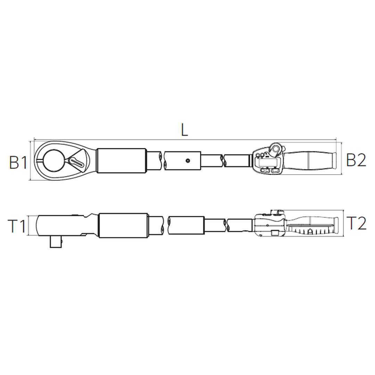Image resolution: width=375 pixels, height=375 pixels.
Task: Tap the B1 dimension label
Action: (x=18, y=162)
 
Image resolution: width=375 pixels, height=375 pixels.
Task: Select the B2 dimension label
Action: (x=356, y=160)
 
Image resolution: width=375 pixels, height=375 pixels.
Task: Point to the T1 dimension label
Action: (x=17, y=226)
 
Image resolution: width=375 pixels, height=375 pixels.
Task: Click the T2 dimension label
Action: (x=357, y=223)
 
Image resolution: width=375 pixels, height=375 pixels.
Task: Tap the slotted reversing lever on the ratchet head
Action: (x=77, y=162)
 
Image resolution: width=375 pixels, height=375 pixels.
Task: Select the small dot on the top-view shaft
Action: (x=188, y=160)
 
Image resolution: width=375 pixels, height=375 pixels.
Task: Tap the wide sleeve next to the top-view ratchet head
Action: (x=121, y=160)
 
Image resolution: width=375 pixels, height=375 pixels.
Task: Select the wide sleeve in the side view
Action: (x=124, y=225)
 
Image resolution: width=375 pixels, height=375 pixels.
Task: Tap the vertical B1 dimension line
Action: (x=31, y=160)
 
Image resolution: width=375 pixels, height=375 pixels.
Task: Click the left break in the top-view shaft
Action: (x=162, y=160)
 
